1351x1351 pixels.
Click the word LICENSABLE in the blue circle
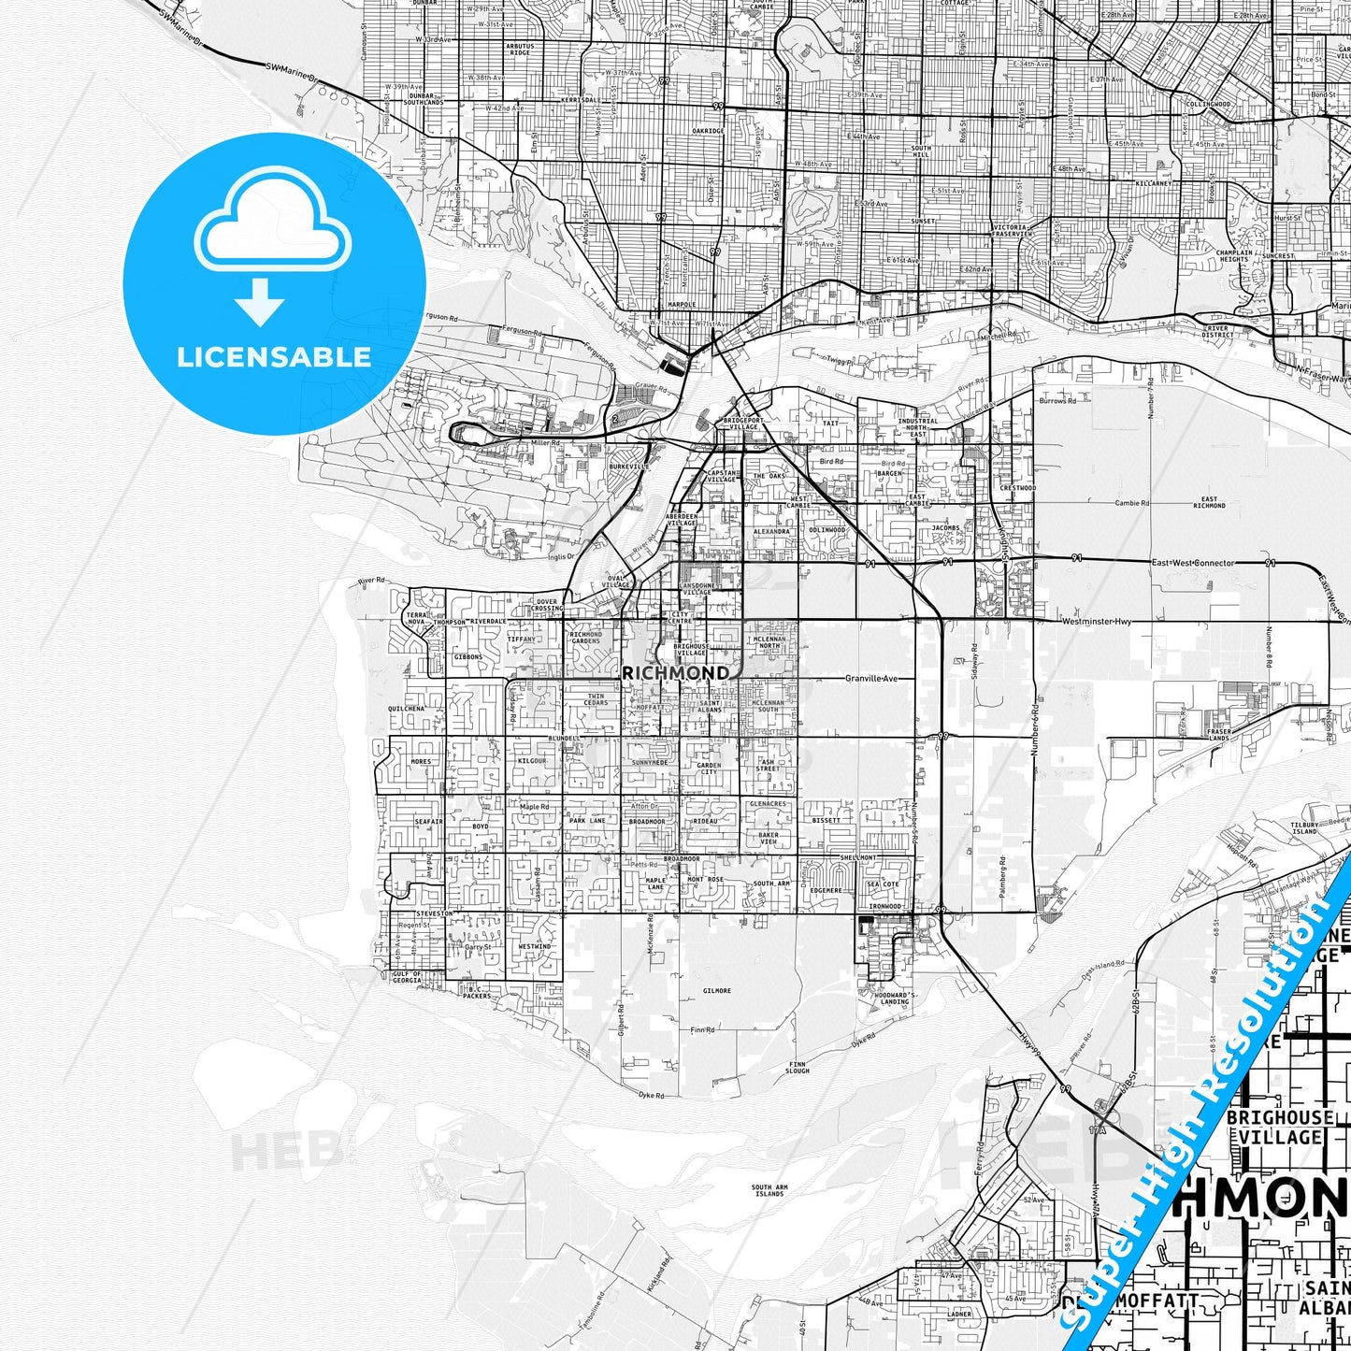pos(274,357)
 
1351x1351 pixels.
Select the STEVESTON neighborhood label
pos(434,913)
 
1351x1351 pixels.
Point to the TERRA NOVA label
pos(416,618)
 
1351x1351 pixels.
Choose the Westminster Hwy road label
pos(1095,621)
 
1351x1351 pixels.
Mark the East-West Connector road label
pos(1192,563)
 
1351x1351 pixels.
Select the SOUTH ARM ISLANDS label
pos(769,1190)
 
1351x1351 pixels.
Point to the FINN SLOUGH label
pos(798,1067)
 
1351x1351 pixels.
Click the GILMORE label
pos(717,990)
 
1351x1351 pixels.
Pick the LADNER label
pos(959,1314)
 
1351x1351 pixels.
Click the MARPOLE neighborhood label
pos(683,305)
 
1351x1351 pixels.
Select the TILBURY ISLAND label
pos(1304,827)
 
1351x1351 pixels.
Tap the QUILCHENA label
pos(406,709)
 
